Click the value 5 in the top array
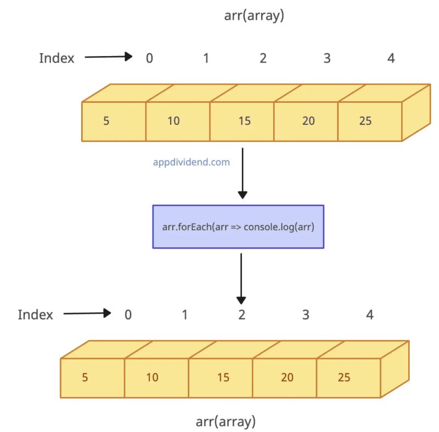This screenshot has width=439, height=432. (106, 121)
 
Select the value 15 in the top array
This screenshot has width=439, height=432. (244, 121)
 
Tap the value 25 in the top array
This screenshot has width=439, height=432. (365, 121)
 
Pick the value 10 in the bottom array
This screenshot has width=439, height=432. (152, 378)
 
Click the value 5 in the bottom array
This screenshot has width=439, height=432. (85, 378)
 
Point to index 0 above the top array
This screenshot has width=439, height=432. (149, 58)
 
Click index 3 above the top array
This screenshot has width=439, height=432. (327, 58)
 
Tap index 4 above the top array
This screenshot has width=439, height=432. (391, 58)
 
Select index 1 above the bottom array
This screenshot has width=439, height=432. (185, 315)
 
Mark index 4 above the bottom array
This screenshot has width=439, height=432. (370, 315)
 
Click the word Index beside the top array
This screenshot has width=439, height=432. (57, 58)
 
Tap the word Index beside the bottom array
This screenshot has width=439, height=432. (36, 315)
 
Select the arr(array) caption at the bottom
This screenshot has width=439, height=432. (226, 422)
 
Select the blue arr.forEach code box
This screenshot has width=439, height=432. (238, 226)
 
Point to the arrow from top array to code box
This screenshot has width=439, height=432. (242, 170)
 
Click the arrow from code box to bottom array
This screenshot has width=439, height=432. (241, 277)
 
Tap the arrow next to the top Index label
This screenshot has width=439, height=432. (109, 57)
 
